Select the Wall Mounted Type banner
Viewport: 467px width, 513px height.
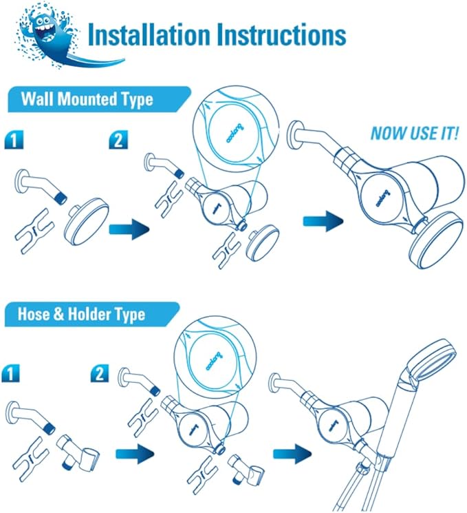98,99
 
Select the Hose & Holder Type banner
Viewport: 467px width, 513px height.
91,314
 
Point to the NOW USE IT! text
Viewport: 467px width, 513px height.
414,133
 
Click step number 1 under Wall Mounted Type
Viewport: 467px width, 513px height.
14,140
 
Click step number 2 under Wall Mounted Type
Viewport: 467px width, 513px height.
118,140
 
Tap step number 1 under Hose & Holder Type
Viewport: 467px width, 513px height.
10,373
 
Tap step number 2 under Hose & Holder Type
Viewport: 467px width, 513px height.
99,373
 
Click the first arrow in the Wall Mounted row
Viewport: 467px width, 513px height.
129,229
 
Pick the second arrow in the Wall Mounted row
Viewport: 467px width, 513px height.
323,221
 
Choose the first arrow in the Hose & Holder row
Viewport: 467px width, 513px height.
134,454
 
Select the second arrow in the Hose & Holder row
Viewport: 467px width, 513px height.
292,454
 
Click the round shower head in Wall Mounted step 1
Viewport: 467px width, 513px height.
86,222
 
